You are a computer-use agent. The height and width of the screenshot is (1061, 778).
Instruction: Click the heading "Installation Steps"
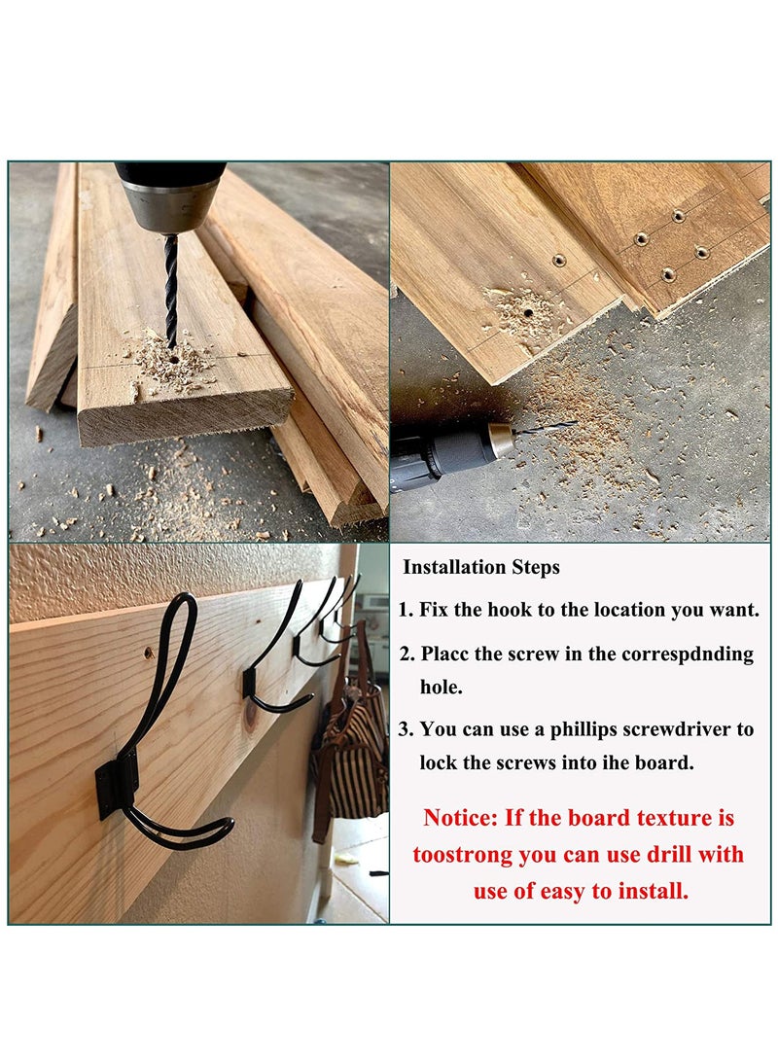tap(481, 567)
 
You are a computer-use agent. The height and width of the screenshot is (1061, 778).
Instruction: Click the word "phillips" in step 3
tap(578, 729)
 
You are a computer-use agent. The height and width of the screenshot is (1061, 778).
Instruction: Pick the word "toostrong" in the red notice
tap(457, 855)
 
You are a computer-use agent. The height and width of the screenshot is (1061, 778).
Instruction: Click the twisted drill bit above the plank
tap(171, 287)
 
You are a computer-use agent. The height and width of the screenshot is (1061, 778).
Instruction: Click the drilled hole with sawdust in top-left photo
tap(173, 359)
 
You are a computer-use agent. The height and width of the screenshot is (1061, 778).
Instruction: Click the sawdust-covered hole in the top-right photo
tap(524, 313)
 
